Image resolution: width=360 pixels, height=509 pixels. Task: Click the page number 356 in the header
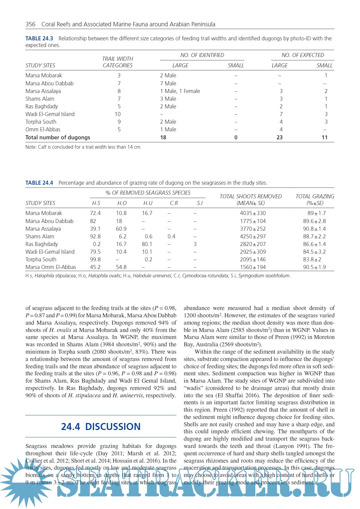pos(30,24)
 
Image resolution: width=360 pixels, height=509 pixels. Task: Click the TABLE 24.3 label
pos(39,39)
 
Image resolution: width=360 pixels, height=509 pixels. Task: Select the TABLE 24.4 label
pos(39,183)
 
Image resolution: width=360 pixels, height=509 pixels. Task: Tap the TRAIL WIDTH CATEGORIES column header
pos(118,62)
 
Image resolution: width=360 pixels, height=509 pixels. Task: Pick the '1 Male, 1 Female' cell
pos(180,91)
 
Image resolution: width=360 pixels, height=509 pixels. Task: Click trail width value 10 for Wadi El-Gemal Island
pos(118,114)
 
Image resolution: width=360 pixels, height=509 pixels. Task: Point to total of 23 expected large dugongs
pos(279,138)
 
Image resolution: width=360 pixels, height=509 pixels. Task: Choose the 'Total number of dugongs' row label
pos(58,138)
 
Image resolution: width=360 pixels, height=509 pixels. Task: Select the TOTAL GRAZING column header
pos(315,200)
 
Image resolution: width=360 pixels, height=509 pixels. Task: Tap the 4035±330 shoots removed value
pos(253,213)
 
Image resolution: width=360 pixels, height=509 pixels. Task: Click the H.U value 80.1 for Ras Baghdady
pos(147,244)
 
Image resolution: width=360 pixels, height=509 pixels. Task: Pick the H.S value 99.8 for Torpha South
pos(95,260)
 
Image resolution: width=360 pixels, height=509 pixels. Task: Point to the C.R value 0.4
pos(171,237)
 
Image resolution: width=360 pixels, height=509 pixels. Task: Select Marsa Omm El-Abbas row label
pos(51,267)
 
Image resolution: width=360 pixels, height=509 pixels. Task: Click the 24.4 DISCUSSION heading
pos(101,427)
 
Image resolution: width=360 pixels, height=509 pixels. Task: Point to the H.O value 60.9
pos(121,229)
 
